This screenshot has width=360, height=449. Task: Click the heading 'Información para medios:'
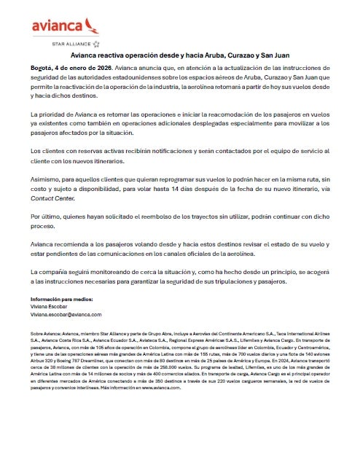pos(61,300)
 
